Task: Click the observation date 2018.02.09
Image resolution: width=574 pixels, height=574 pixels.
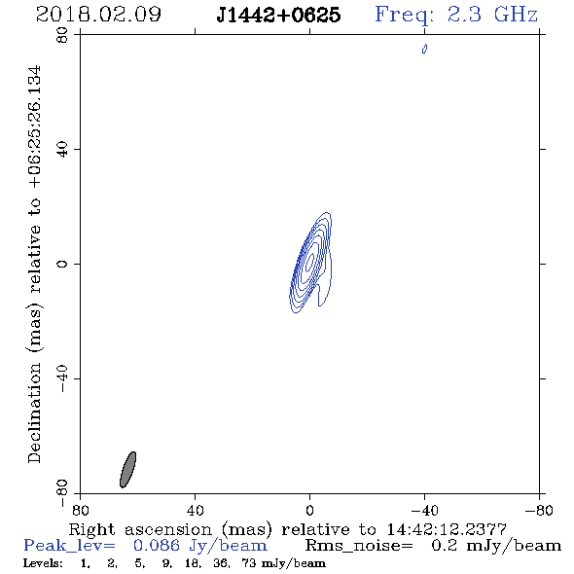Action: (x=98, y=15)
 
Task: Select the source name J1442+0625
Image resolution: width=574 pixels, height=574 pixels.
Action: (x=278, y=15)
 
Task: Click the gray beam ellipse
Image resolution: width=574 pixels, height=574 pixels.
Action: (x=127, y=470)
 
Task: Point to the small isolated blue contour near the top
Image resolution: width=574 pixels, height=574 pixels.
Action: (x=424, y=49)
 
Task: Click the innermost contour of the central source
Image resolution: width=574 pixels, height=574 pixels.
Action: (x=310, y=262)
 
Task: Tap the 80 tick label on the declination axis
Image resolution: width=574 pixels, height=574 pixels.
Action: (x=62, y=35)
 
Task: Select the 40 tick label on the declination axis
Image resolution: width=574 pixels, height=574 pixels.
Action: (x=62, y=150)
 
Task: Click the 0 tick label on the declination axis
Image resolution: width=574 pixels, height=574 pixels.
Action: (x=62, y=264)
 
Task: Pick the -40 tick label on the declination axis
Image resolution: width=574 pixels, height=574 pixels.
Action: (x=62, y=378)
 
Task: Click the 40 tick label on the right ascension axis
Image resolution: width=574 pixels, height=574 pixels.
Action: (x=195, y=510)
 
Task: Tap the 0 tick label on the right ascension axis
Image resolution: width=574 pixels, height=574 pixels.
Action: (x=309, y=510)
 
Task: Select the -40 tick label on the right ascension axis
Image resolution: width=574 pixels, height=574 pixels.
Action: (x=424, y=510)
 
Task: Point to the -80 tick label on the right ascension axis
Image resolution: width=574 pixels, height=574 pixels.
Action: (x=539, y=510)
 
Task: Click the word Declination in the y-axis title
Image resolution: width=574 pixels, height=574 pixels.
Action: (x=34, y=413)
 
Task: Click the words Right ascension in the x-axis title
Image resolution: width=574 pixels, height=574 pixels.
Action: (x=140, y=529)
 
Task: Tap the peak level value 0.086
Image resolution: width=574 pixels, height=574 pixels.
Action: (x=157, y=546)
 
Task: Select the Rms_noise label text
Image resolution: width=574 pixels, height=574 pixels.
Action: (x=359, y=546)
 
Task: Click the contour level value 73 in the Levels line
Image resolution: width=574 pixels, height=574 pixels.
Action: (x=249, y=563)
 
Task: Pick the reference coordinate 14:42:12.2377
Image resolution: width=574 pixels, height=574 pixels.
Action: (x=447, y=529)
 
